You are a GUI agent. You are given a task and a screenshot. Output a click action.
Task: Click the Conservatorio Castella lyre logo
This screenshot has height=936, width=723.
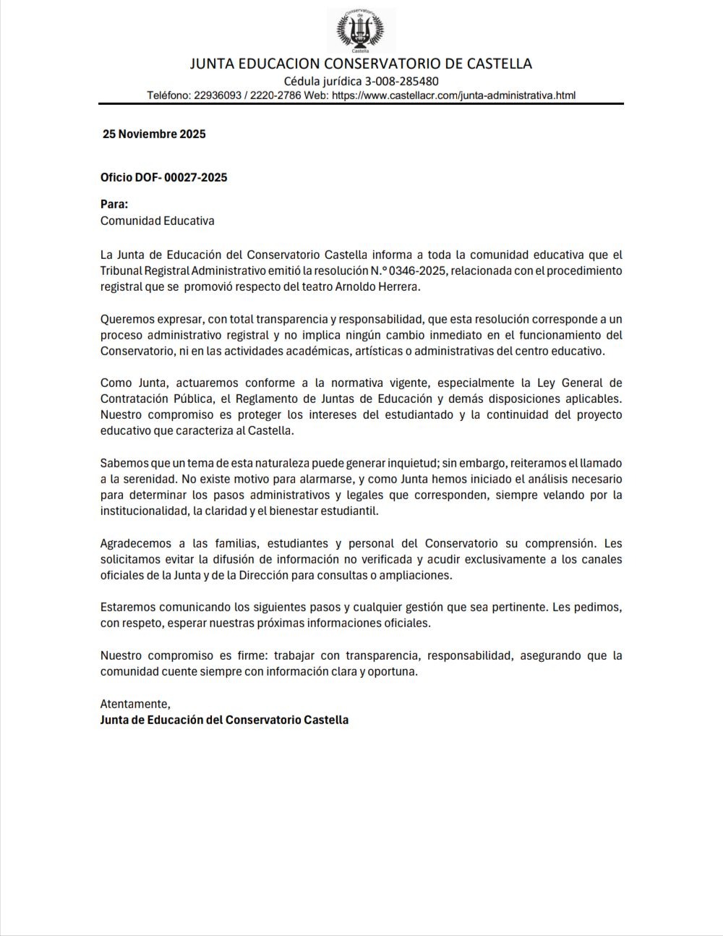point(361,30)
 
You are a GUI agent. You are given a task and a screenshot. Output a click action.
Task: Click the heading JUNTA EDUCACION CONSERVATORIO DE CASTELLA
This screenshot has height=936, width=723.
point(361,64)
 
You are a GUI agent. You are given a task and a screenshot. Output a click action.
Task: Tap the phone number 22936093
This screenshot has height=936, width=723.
point(218,95)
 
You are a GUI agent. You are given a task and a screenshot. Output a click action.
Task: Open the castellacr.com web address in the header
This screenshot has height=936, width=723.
point(454,95)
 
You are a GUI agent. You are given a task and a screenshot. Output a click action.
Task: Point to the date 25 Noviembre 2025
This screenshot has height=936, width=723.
point(154,134)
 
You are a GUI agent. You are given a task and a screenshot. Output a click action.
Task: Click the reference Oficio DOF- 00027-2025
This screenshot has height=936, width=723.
point(163,177)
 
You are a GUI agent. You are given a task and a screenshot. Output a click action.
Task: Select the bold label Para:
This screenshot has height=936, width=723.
point(114,205)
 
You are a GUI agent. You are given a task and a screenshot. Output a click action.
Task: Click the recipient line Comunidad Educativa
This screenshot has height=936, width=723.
point(157,221)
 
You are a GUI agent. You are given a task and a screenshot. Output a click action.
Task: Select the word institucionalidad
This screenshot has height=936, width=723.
point(142,511)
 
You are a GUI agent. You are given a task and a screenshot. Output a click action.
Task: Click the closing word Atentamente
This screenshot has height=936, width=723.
point(135,704)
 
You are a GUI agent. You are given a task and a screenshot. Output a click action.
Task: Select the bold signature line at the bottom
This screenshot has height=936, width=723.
point(224,720)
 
